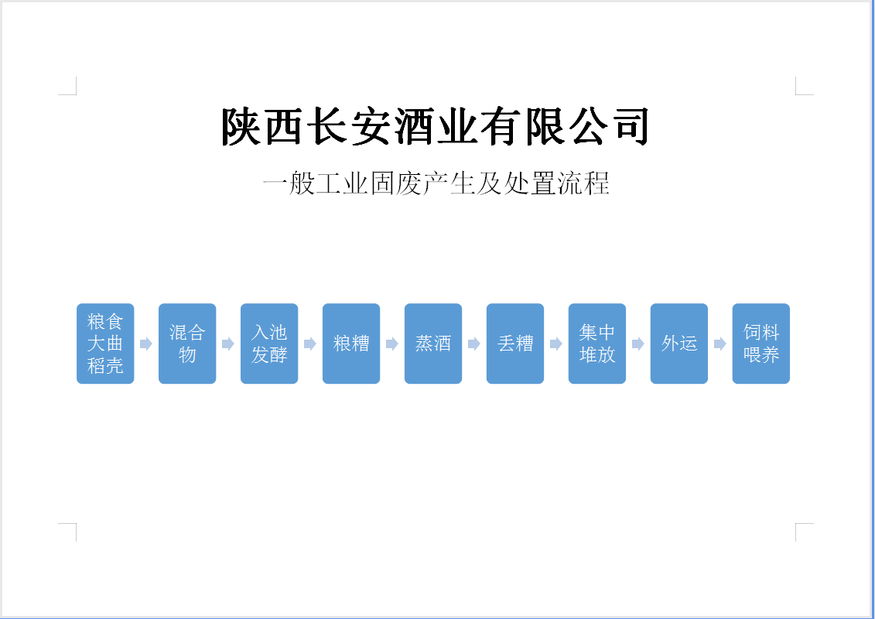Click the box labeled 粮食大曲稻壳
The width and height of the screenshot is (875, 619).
coord(105,344)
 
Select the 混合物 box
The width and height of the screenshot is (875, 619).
coord(187,344)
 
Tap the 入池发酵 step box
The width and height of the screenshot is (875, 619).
coord(269,344)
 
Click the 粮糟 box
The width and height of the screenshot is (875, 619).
coord(351,344)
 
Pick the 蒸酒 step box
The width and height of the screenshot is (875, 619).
coord(433,344)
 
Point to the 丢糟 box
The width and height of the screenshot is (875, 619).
coord(515,344)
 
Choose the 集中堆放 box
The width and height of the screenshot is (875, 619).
coord(597,344)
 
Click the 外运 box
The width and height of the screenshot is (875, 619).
coord(679,344)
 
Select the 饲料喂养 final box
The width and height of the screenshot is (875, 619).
coord(761,344)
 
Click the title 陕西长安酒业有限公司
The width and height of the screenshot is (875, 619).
coord(435,127)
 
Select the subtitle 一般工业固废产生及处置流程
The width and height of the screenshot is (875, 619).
coord(436,184)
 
